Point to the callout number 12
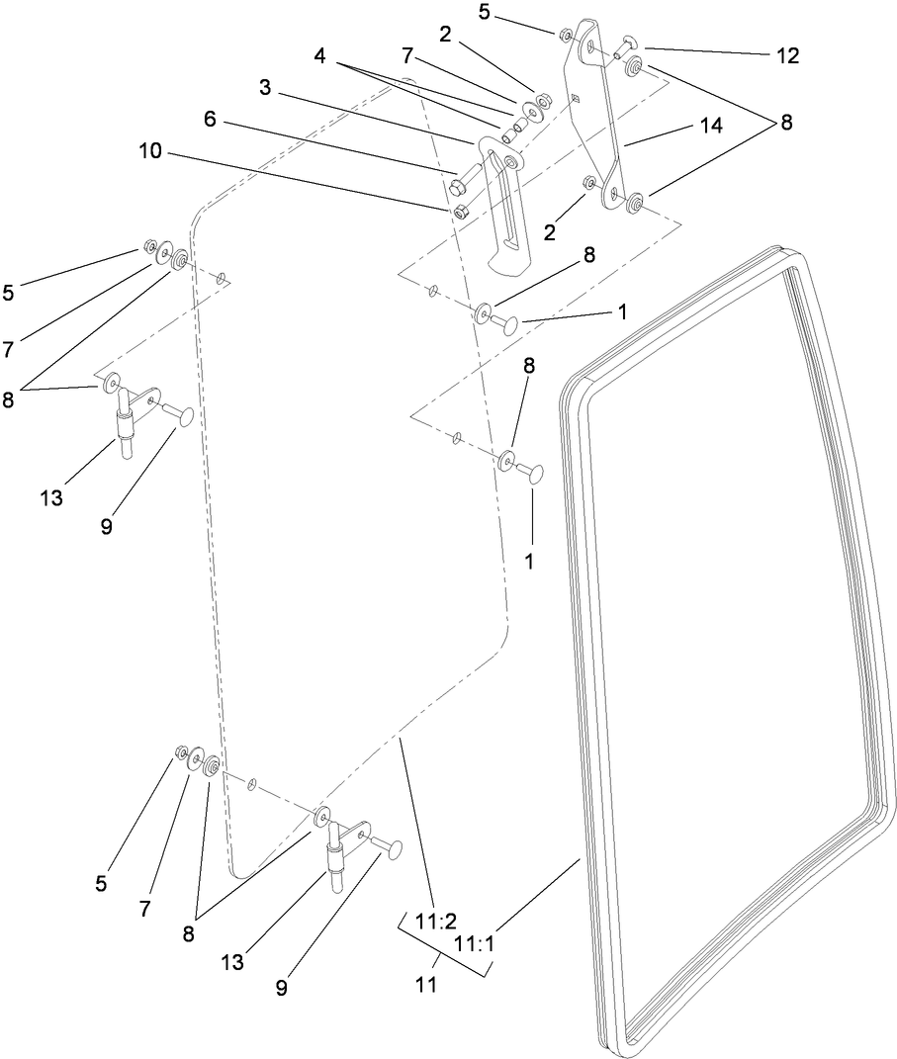tap(786, 54)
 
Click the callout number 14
tap(710, 127)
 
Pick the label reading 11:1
tap(474, 945)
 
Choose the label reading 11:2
tap(435, 922)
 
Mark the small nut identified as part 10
tap(460, 211)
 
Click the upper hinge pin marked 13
tap(126, 425)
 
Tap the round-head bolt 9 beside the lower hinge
tap(394, 847)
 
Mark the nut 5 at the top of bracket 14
tap(564, 36)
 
